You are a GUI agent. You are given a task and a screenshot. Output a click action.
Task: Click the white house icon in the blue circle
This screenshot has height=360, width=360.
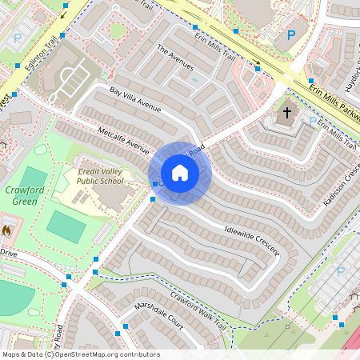(180, 172)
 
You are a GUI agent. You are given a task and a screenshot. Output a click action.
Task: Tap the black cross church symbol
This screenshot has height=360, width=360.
(287, 114)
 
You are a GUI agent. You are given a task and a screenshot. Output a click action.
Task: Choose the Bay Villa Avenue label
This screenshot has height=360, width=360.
(136, 102)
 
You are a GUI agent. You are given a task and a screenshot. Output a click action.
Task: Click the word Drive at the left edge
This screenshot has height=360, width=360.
(8, 253)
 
